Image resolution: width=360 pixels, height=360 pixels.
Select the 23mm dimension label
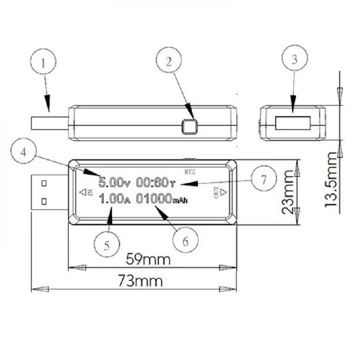click(292, 192)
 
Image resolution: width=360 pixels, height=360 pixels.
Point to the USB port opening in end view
click(293, 124)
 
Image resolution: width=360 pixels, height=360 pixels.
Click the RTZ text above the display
click(190, 169)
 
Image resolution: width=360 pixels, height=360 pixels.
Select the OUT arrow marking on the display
click(219, 192)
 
